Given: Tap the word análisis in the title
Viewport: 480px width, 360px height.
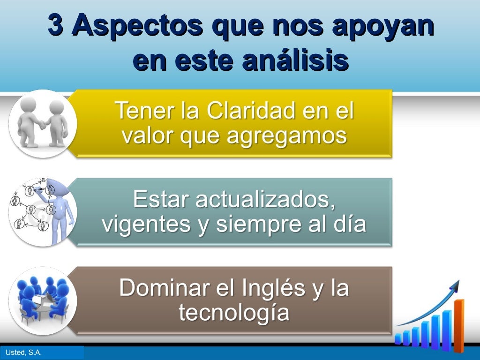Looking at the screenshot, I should [294, 61].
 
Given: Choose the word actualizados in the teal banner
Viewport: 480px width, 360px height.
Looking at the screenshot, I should [265, 200].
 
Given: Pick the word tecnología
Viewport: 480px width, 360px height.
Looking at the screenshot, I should [234, 313].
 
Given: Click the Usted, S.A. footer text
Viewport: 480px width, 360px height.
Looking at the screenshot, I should [24, 352].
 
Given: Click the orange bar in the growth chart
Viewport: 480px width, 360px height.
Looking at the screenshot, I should [459, 326].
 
